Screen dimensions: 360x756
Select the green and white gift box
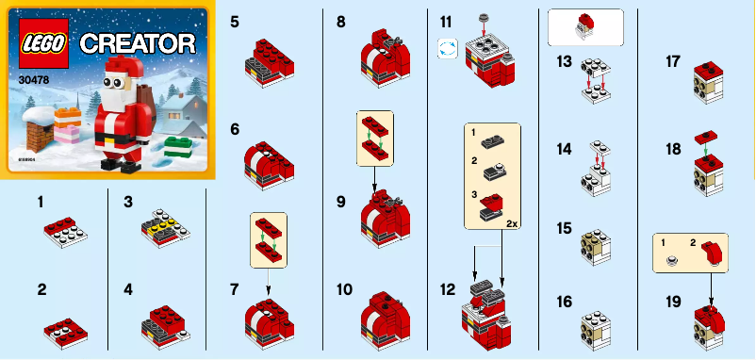(177, 149)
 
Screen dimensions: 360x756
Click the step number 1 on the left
(40, 202)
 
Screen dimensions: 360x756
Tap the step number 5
(234, 20)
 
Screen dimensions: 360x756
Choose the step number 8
(340, 20)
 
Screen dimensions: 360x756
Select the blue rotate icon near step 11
(446, 49)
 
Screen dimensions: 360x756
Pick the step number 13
(564, 62)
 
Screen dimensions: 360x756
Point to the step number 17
(673, 62)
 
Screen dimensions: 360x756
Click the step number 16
(564, 302)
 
